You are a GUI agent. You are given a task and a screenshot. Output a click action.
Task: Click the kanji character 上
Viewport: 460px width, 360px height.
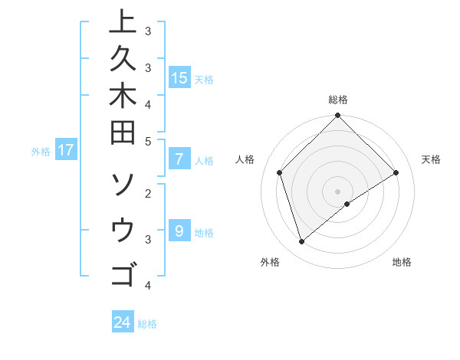[123, 24]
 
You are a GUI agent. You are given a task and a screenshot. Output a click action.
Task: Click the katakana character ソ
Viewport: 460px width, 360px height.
[123, 185]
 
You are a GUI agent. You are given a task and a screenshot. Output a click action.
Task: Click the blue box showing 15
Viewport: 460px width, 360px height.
[179, 78]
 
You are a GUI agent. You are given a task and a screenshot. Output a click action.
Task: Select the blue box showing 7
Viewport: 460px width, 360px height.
[179, 159]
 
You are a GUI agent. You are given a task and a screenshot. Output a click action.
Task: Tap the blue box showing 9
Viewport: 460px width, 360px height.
[179, 231]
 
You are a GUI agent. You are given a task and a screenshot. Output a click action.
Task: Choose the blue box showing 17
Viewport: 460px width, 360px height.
[66, 150]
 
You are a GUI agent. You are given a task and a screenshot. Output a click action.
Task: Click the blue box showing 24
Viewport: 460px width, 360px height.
[122, 322]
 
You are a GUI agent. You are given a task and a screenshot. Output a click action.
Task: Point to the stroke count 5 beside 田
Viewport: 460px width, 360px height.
[148, 141]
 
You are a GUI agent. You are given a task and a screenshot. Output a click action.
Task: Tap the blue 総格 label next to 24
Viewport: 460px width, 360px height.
[147, 324]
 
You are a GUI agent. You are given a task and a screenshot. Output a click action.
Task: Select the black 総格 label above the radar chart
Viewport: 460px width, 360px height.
[337, 100]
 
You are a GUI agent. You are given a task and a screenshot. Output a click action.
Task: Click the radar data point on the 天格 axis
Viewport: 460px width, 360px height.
[396, 173]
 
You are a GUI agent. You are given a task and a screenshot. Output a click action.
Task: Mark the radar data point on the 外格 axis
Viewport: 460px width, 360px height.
[301, 242]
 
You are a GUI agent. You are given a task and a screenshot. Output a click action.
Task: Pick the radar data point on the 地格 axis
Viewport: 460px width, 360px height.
[347, 204]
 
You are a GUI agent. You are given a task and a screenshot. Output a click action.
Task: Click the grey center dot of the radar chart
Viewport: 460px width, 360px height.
[337, 191]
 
